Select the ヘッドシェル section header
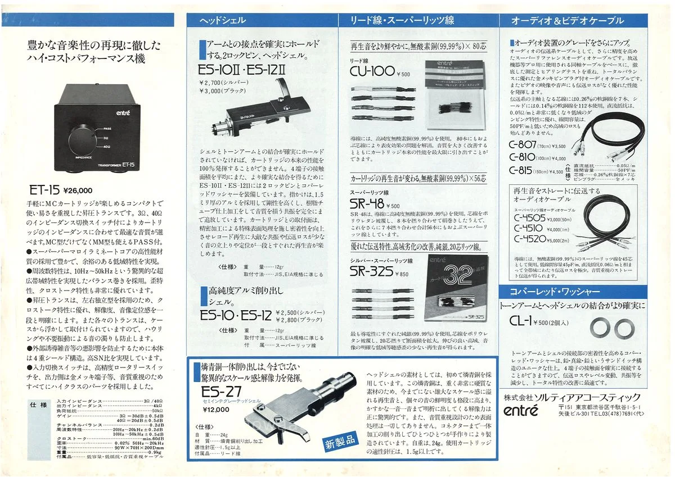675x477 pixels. pyautogui.click(x=223, y=21)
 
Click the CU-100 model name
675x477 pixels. pyautogui.click(x=372, y=71)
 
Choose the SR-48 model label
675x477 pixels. pyautogui.click(x=367, y=205)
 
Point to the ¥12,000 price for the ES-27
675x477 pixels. pyautogui.click(x=216, y=410)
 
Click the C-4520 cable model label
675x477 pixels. pyautogui.click(x=529, y=238)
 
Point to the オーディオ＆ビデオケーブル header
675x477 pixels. pyautogui.click(x=567, y=21)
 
